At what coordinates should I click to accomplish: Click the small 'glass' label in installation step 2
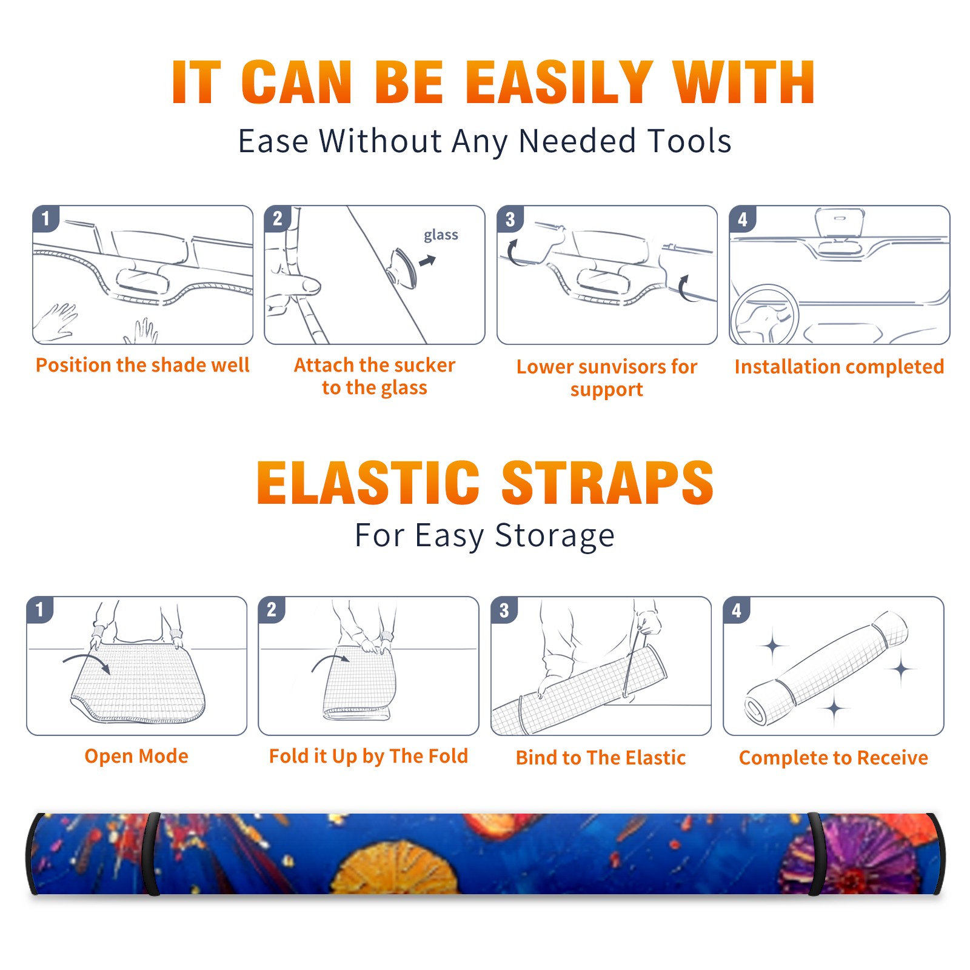441,235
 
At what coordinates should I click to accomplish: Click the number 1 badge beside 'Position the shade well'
45,218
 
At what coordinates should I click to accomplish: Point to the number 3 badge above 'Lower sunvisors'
510,218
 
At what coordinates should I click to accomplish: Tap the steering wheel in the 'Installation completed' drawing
765,314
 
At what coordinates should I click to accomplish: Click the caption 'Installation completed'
839,366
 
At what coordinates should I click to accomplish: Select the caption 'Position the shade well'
142,365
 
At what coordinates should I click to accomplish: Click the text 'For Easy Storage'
485,536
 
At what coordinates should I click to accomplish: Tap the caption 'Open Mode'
136,756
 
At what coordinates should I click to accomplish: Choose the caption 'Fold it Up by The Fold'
369,757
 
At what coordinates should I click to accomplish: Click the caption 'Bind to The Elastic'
601,758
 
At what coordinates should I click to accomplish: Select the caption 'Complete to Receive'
834,758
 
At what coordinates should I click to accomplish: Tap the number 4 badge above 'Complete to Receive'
737,609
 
